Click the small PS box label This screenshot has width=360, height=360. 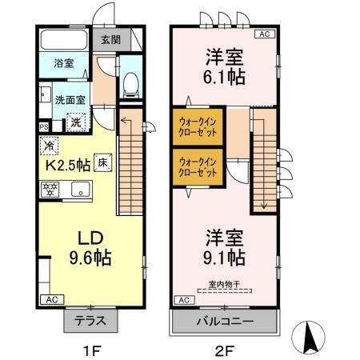(44, 126)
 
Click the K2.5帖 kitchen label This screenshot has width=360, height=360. (66, 166)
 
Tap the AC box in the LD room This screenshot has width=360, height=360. (51, 299)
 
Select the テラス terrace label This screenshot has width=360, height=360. (91, 320)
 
